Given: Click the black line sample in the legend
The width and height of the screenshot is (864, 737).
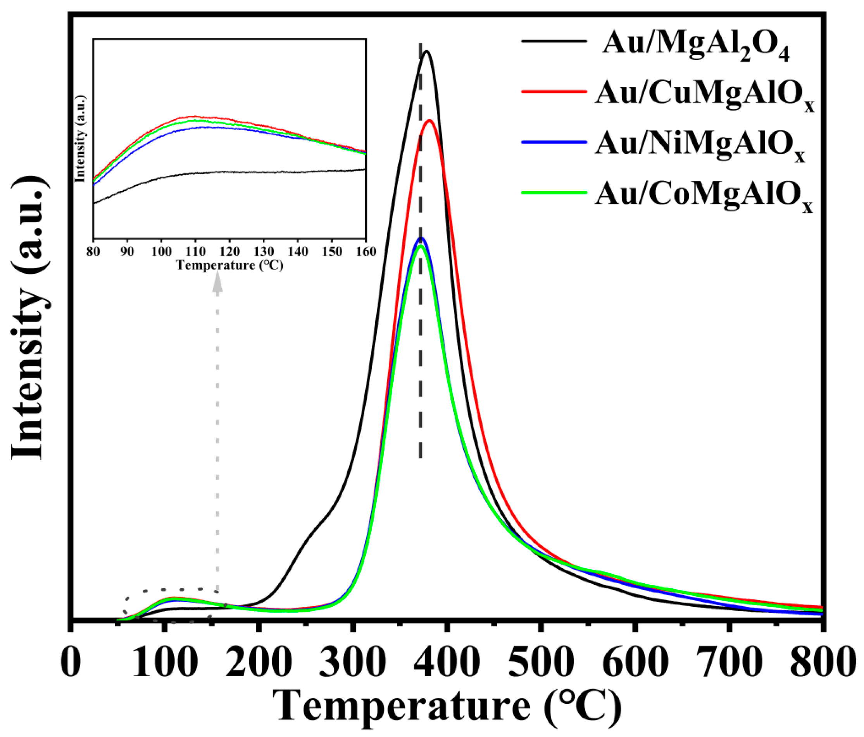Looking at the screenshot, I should (554, 41).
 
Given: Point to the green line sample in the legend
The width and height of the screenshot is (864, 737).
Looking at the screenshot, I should (554, 192).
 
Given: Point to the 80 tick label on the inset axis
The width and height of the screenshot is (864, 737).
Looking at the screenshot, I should (93, 252).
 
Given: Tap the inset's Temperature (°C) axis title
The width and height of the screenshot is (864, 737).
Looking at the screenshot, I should (230, 265).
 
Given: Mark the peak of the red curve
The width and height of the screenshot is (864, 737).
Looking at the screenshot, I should (429, 120).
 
